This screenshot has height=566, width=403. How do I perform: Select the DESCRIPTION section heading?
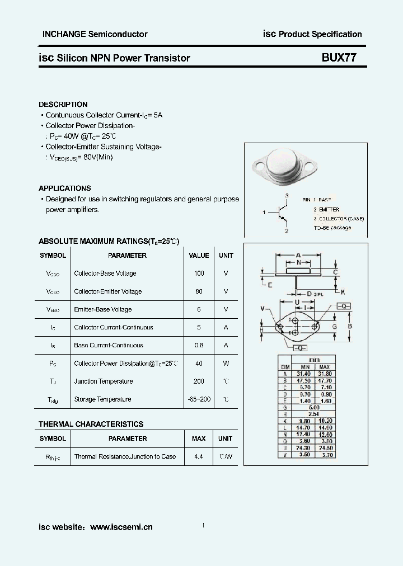[63, 105]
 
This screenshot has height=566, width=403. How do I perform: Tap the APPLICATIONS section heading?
[64, 188]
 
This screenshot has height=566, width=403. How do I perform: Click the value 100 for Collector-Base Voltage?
[199, 273]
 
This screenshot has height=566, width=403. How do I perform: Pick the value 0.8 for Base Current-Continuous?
[199, 345]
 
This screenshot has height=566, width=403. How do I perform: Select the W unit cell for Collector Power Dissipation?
[226, 364]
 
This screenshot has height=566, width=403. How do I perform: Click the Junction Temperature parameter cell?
[103, 381]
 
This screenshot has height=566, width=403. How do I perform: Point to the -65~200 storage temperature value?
[199, 399]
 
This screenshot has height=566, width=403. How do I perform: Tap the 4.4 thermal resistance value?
[199, 456]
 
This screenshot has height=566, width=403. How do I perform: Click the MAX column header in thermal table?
[199, 438]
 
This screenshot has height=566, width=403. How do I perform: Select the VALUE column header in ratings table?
[199, 256]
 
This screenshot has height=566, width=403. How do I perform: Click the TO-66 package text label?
[332, 228]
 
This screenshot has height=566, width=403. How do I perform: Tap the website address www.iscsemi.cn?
[121, 527]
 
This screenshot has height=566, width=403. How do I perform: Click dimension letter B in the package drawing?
[349, 326]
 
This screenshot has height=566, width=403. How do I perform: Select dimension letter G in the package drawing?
[334, 326]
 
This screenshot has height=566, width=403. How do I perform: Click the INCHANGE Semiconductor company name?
[95, 34]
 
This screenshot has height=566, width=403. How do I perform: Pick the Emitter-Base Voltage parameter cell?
[102, 309]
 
